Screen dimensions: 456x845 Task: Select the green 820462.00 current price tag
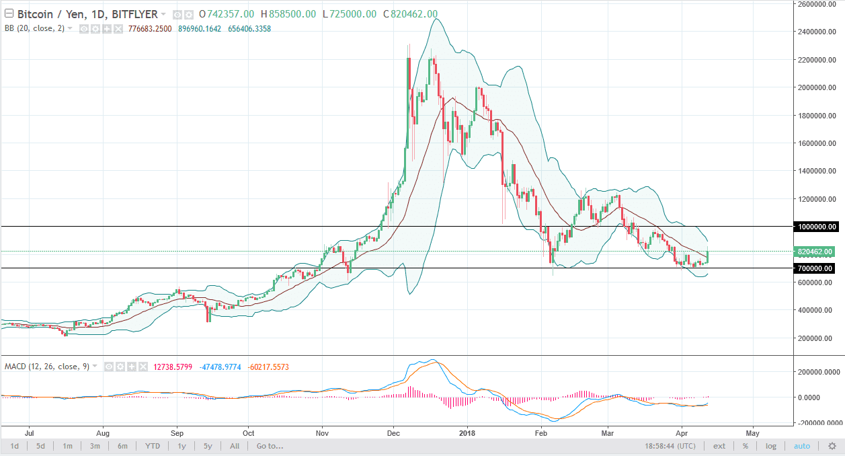(x=816, y=252)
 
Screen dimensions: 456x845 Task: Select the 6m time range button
(x=122, y=446)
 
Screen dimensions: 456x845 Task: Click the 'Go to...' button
(x=270, y=446)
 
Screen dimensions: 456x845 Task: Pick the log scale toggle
(x=771, y=446)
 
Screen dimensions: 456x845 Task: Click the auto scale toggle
(x=802, y=446)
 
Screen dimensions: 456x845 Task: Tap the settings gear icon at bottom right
(x=832, y=446)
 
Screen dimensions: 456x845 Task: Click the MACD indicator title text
(x=46, y=367)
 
